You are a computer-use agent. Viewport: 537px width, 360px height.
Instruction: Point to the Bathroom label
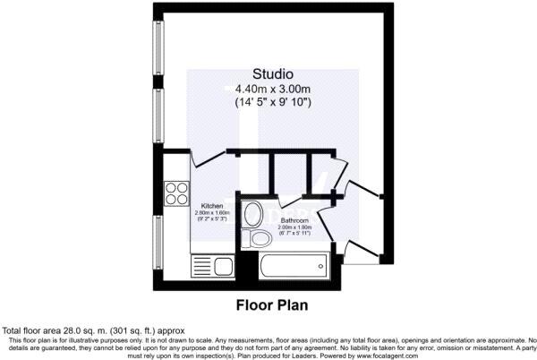tap(294, 219)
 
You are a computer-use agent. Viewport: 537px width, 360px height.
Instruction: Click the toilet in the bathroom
tap(260, 237)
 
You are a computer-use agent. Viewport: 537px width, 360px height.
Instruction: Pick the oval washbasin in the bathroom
tap(253, 214)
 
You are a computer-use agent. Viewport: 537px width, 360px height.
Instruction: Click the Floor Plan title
tap(271, 304)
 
